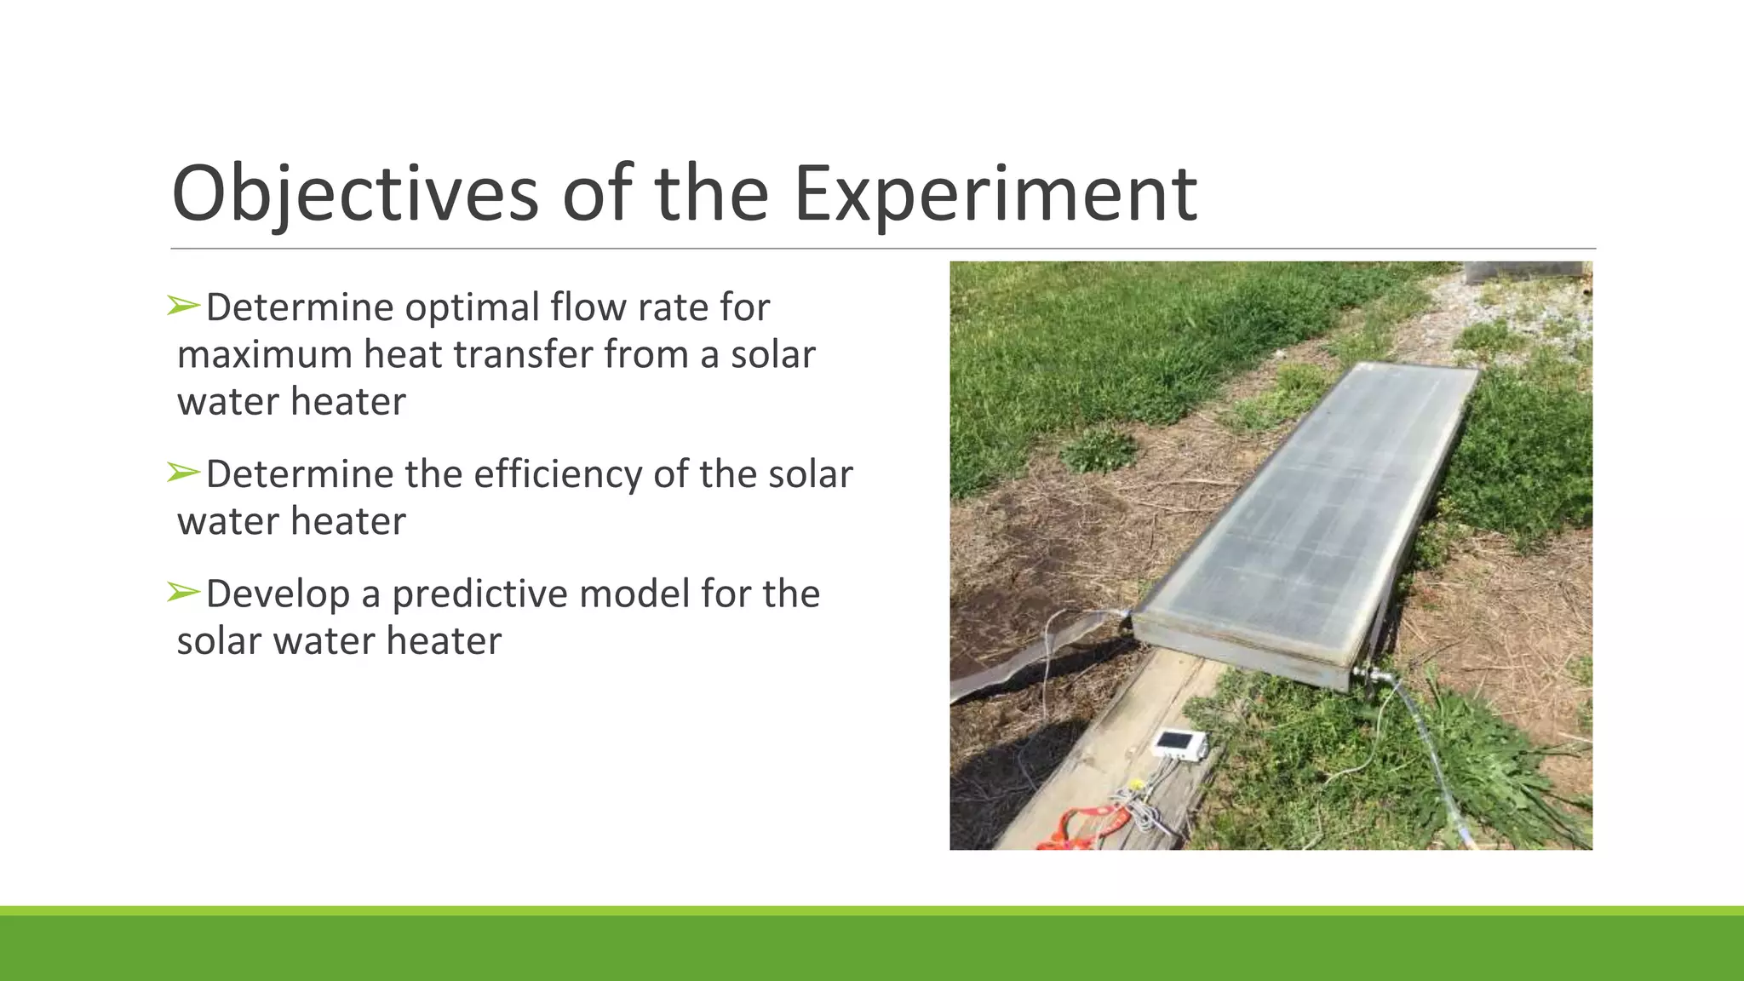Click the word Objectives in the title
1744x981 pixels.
(x=354, y=194)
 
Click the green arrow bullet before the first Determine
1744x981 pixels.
(x=183, y=305)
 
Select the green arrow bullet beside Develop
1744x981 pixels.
(x=183, y=591)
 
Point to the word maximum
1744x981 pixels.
(x=265, y=354)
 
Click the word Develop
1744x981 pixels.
(x=278, y=594)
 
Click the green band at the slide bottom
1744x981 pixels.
(x=872, y=947)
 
